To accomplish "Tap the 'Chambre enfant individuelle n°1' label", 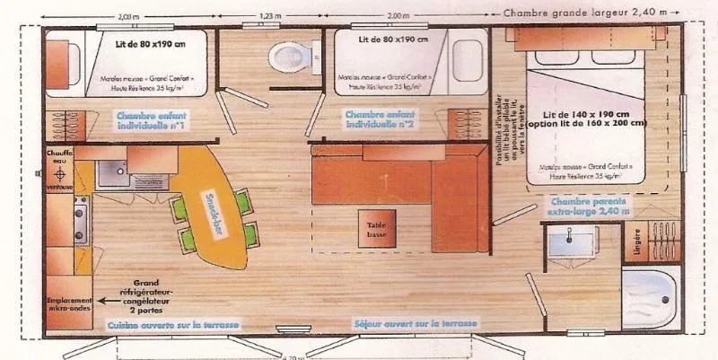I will [151, 120].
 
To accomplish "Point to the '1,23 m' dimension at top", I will [270, 16].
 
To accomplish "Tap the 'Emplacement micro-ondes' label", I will [71, 304].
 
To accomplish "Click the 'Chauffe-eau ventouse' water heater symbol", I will [59, 171].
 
